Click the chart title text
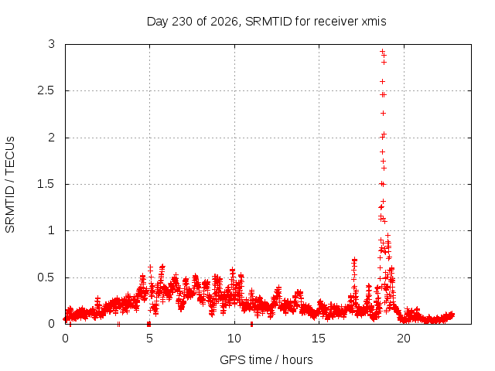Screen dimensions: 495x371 (266, 22)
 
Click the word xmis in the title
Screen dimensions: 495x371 (374, 22)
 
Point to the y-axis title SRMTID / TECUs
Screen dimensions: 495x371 (10, 185)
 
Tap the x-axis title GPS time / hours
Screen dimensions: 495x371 (266, 359)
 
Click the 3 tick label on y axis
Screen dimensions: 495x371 (52, 44)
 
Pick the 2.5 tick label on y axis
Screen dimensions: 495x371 (46, 91)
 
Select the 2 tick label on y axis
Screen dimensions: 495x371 (52, 138)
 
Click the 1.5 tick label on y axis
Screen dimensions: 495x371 (46, 184)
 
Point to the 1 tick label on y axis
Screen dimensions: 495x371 (52, 230)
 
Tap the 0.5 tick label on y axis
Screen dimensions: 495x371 (46, 277)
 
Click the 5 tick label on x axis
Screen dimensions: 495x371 (149, 339)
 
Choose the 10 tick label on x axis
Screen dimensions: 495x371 (234, 339)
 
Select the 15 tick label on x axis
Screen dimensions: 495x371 (319, 339)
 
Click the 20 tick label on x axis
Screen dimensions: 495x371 (404, 339)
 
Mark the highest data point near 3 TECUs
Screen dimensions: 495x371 (382, 51)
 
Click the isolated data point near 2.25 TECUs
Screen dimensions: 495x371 (383, 114)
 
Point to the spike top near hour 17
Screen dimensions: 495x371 (354, 260)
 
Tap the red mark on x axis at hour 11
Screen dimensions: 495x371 (251, 324)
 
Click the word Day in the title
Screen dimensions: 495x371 (157, 22)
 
